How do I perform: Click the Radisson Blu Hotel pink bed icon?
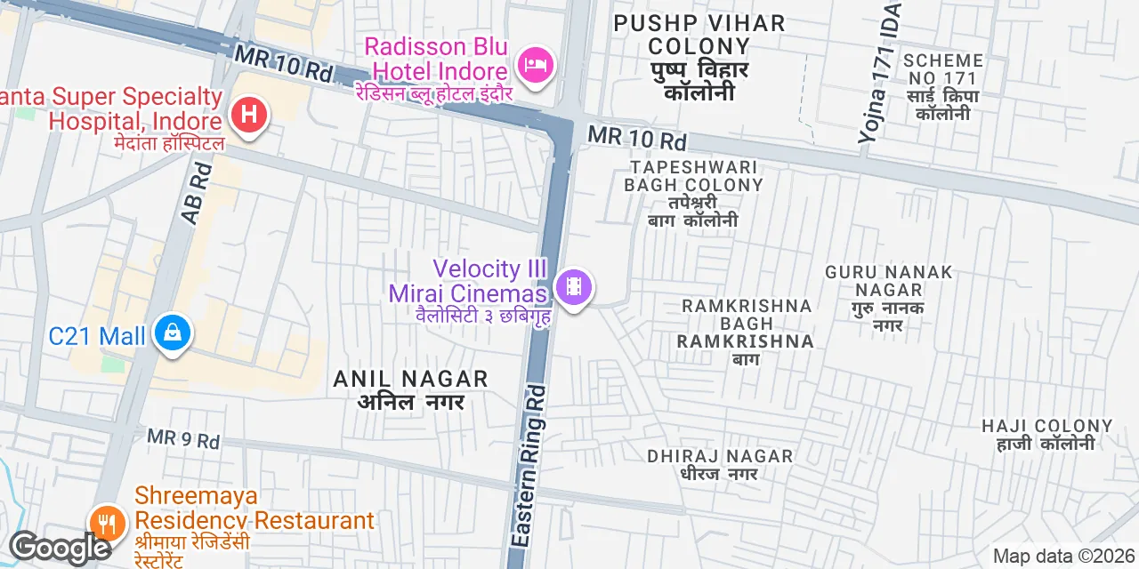pyautogui.click(x=536, y=65)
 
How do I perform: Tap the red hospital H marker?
pyautogui.click(x=249, y=115)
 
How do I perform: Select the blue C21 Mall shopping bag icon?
pyautogui.click(x=173, y=333)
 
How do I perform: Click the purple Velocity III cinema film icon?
pyautogui.click(x=575, y=286)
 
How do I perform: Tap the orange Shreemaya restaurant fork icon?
pyautogui.click(x=108, y=523)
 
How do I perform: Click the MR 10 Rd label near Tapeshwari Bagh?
pyautogui.click(x=637, y=139)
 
